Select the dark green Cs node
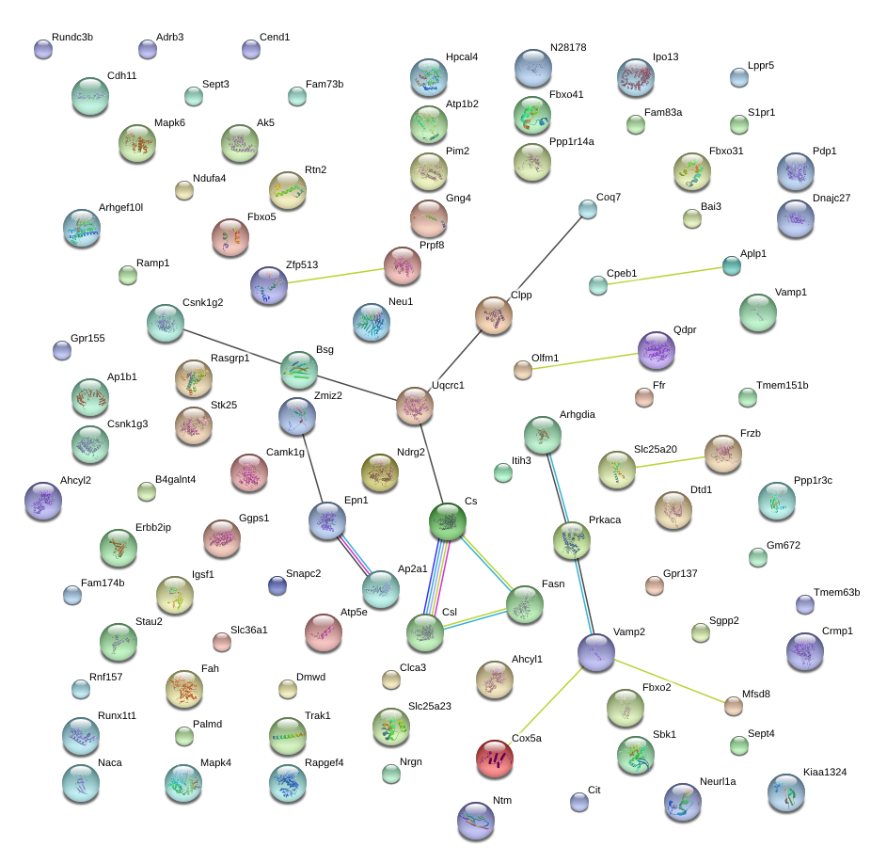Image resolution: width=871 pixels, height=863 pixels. pos(448,521)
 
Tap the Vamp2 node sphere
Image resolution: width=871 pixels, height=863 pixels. pos(595,652)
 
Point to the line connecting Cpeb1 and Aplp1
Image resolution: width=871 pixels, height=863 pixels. pos(664,276)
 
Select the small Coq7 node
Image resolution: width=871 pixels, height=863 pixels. pos(587,209)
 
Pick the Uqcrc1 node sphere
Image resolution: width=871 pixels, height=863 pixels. pos(414,406)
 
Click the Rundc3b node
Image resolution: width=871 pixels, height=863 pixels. pos(42,49)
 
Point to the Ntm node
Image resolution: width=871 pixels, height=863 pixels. pos(475,821)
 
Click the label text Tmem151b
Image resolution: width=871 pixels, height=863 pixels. pos(782,386)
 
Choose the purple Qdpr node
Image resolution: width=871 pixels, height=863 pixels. pos(656,350)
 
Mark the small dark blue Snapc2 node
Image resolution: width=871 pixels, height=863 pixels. pos(277,585)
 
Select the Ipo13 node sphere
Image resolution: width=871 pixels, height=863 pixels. pos(636,77)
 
